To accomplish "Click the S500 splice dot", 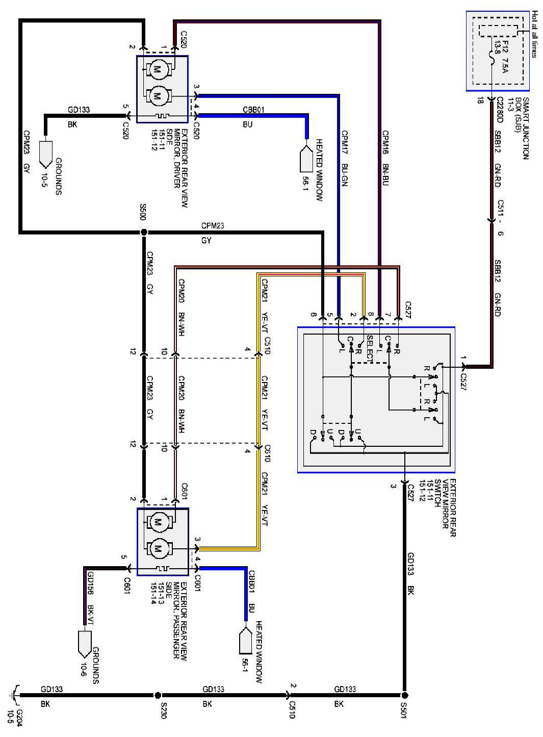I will tap(144, 233).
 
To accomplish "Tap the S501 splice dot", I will tap(405, 695).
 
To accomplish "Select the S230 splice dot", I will tap(158, 695).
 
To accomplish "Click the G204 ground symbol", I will tap(15, 695).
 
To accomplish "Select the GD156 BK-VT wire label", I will tap(90, 595).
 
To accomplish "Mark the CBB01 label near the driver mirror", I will tap(253, 110).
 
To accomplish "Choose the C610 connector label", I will tap(267, 453).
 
